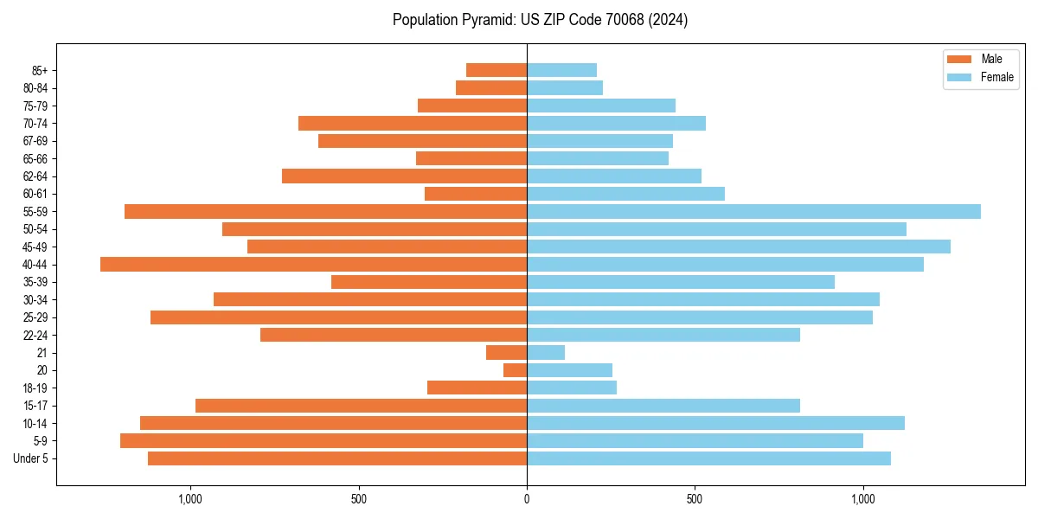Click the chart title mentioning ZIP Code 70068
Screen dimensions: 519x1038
pyautogui.click(x=540, y=20)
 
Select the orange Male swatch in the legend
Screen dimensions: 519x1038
pyautogui.click(x=959, y=59)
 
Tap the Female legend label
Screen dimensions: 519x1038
pyautogui.click(x=996, y=77)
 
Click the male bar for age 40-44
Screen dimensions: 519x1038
pyautogui.click(x=313, y=265)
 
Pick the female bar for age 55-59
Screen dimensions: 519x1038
pyautogui.click(x=753, y=211)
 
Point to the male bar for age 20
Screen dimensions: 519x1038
pyautogui.click(x=516, y=370)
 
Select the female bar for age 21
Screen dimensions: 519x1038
pyautogui.click(x=546, y=353)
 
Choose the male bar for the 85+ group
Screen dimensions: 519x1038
pyautogui.click(x=497, y=70)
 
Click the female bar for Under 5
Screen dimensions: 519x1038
pyautogui.click(x=708, y=458)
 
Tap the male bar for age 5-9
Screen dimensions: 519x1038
pyautogui.click(x=324, y=441)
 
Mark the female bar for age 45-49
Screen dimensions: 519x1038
pyautogui.click(x=739, y=247)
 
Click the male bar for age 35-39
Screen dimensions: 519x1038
pyautogui.click(x=429, y=282)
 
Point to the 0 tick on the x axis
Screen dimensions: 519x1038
pyautogui.click(x=527, y=498)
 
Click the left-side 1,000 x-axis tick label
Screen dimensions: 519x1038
pyautogui.click(x=189, y=498)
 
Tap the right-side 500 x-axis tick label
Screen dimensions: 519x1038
pyautogui.click(x=695, y=498)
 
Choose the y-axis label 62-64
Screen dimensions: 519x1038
pyautogui.click(x=35, y=176)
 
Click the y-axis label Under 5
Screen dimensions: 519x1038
pyautogui.click(x=31, y=458)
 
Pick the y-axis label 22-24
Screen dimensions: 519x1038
pyautogui.click(x=35, y=335)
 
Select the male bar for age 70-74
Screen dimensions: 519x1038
pyautogui.click(x=413, y=123)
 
